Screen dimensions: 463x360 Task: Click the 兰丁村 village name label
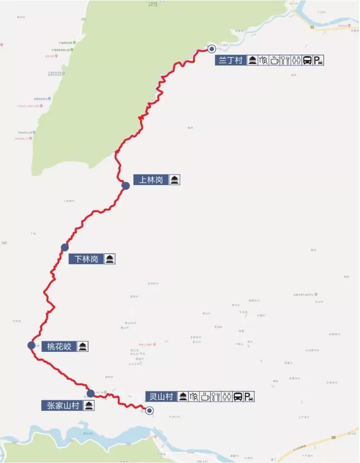231,60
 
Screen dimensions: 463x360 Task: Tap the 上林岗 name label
151,180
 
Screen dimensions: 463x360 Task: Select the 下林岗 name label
86,259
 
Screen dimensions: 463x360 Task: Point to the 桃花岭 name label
59,346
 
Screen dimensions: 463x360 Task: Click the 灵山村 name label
161,396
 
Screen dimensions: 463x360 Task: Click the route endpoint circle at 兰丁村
211,48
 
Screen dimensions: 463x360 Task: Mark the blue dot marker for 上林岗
126,186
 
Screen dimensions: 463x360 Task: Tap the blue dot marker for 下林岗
65,247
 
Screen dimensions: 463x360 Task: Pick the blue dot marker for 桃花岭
31,345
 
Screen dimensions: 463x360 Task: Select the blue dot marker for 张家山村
90,394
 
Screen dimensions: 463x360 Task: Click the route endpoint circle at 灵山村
150,410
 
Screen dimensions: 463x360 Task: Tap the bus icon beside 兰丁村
307,60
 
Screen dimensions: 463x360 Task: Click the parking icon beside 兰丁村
318,60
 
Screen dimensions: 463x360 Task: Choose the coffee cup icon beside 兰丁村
274,60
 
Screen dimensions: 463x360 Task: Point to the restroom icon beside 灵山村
227,396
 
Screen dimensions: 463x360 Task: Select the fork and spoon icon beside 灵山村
216,396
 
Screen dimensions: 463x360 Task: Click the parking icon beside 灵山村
249,396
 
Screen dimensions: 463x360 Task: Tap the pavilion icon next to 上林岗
174,180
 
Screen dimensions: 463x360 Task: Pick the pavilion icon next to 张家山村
88,406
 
